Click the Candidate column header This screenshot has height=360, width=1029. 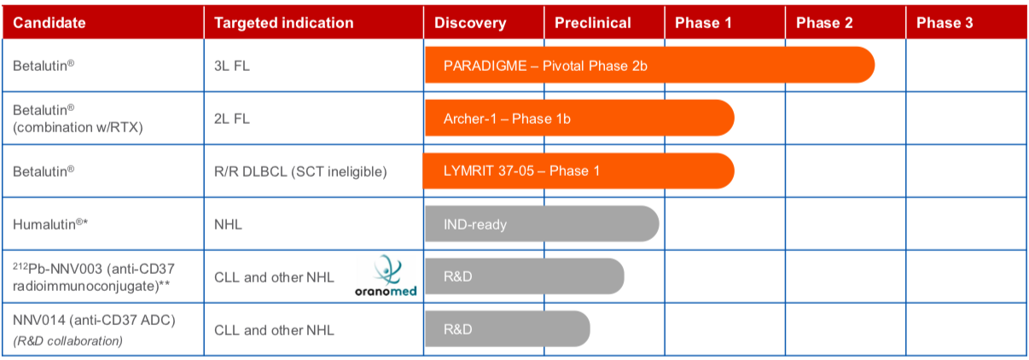pyautogui.click(x=49, y=23)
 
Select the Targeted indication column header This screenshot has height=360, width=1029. pyautogui.click(x=284, y=23)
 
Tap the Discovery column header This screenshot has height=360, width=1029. pyautogui.click(x=470, y=23)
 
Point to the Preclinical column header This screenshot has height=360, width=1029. pyautogui.click(x=593, y=23)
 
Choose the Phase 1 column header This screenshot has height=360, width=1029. pyautogui.click(x=703, y=23)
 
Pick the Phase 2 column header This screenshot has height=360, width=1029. pyautogui.click(x=824, y=23)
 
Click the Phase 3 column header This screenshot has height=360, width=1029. pyautogui.click(x=945, y=23)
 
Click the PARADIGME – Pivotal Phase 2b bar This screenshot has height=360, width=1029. pyautogui.click(x=649, y=65)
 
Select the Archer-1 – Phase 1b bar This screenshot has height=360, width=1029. pyautogui.click(x=579, y=118)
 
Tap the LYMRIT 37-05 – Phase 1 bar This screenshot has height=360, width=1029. pyautogui.click(x=578, y=171)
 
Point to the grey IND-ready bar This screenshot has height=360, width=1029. pyautogui.click(x=542, y=224)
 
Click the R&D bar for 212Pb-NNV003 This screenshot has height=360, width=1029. pyautogui.click(x=524, y=276)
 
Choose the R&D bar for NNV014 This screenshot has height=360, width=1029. pyautogui.click(x=507, y=328)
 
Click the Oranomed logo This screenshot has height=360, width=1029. pyautogui.click(x=386, y=276)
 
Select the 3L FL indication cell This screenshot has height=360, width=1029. pyautogui.click(x=232, y=67)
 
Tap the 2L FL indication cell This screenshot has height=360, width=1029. pyautogui.click(x=232, y=119)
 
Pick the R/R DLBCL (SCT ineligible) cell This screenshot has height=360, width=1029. pyautogui.click(x=300, y=171)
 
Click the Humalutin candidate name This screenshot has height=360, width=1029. pyautogui.click(x=50, y=224)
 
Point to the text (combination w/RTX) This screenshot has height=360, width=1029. pyautogui.click(x=78, y=127)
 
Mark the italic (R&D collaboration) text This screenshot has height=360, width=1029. pyautogui.click(x=67, y=341)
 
